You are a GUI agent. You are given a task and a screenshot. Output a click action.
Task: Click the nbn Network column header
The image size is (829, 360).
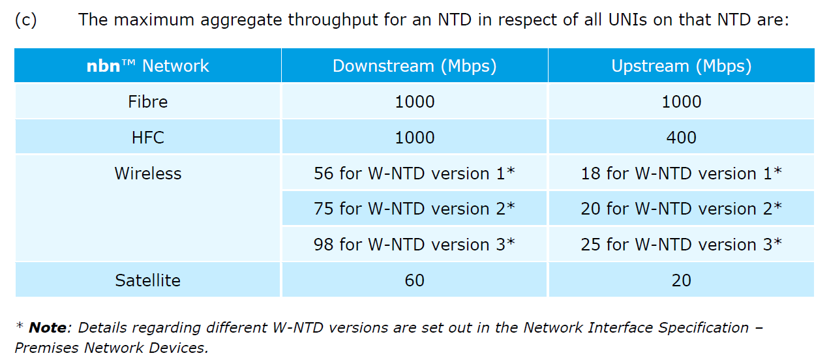point(148,66)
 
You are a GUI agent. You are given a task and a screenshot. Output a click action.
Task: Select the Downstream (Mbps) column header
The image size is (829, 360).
point(414,66)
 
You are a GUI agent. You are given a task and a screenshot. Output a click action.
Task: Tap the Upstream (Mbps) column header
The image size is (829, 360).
point(681,66)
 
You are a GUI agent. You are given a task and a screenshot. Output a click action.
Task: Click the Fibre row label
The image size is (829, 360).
point(148,102)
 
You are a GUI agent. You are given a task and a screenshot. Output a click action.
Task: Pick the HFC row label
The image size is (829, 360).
point(148,138)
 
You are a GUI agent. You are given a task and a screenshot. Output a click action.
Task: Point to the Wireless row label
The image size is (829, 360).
point(148,173)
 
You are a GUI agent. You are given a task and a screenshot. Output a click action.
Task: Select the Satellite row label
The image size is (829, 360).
point(148,280)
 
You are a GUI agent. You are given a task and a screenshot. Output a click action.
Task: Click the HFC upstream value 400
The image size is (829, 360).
point(681,138)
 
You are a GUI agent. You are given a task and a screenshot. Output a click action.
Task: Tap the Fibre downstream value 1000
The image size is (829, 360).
point(414,102)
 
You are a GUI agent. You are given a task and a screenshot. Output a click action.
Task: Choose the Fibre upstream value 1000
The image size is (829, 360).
point(681,102)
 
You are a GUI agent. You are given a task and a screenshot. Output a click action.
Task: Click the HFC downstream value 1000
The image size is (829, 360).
point(414,138)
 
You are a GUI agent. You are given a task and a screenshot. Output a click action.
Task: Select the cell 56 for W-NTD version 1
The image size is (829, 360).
point(414,173)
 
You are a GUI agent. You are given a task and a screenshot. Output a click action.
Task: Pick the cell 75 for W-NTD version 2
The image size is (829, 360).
point(414,209)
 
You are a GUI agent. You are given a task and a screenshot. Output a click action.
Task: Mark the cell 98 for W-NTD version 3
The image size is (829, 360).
point(414,245)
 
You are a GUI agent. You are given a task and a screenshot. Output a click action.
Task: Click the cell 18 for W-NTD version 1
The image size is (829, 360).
point(681,173)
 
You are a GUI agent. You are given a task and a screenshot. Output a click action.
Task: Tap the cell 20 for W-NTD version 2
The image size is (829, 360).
point(681,209)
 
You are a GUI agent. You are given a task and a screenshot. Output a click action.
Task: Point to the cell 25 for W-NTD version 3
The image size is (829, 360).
point(681,245)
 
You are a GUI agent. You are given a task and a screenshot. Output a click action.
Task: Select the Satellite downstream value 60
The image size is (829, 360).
point(414,280)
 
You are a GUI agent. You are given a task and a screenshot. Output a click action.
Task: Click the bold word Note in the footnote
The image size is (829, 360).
point(48,328)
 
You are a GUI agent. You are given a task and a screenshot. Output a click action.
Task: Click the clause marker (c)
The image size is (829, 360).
point(25,20)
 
